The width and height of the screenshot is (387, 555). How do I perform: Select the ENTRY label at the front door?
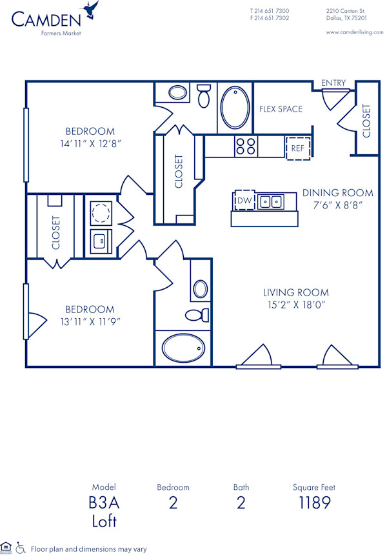click(x=333, y=83)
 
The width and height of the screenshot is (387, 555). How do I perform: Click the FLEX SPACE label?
click(x=281, y=109)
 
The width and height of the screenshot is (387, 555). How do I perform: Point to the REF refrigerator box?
click(x=297, y=148)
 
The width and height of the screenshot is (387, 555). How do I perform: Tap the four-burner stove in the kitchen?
click(x=246, y=147)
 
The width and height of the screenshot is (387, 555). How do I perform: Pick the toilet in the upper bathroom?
click(x=204, y=96)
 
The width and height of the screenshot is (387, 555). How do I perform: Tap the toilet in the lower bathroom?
click(x=197, y=315)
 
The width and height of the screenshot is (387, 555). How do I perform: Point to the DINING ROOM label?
click(x=337, y=192)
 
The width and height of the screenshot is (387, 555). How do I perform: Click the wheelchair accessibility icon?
click(x=21, y=548)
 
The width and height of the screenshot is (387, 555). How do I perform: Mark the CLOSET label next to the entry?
click(x=366, y=120)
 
